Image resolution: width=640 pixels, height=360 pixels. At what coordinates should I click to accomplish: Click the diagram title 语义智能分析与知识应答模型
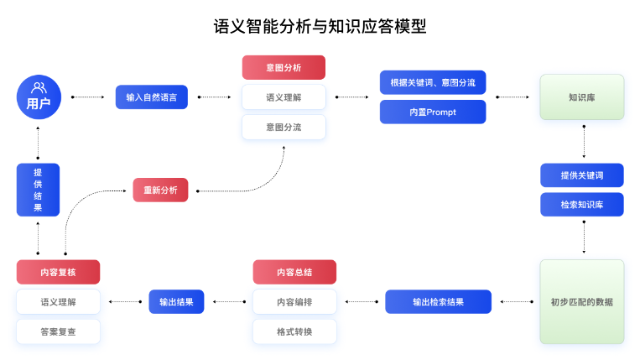tap(320, 26)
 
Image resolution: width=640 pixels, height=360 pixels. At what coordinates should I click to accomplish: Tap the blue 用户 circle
tap(39, 97)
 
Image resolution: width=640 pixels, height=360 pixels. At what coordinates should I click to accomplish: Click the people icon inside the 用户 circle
tap(39, 87)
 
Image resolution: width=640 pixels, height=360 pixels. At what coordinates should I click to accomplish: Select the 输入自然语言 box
tap(151, 97)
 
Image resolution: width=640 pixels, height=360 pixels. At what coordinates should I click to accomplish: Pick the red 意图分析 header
tap(284, 67)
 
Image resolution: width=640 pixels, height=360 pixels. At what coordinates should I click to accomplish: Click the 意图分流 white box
tap(284, 127)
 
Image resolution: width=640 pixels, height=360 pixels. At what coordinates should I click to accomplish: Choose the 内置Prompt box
tap(432, 112)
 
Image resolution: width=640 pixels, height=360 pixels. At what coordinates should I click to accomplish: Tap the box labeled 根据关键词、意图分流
tap(432, 82)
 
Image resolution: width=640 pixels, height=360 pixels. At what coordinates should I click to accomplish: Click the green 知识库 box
tap(581, 97)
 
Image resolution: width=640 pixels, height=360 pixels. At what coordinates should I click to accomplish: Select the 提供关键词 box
tap(581, 175)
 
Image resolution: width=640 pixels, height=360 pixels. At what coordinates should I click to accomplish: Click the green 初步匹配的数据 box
tap(581, 301)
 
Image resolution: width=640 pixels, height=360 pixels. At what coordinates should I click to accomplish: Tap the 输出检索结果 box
tap(438, 301)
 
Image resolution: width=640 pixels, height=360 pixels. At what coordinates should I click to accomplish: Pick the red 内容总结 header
tap(294, 272)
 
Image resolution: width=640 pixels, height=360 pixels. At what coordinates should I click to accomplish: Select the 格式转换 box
tap(294, 331)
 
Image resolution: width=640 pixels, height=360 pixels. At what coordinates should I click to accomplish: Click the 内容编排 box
tap(294, 301)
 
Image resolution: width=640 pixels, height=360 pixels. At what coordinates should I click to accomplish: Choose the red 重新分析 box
tap(160, 190)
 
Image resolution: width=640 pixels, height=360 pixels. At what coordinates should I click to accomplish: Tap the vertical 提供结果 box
tap(39, 190)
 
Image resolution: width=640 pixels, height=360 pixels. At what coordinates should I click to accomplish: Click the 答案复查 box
tap(58, 331)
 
